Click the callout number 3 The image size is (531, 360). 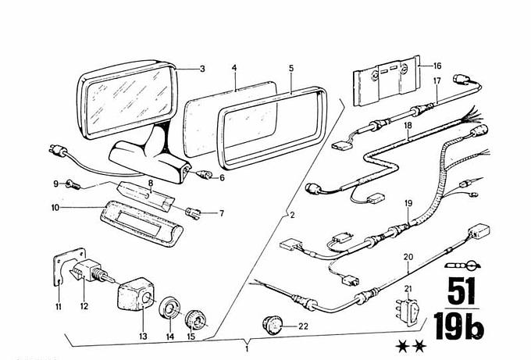pos(201,70)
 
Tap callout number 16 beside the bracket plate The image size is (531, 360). pos(437,66)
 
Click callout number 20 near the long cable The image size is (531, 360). pos(408,256)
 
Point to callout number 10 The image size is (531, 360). pos(56,208)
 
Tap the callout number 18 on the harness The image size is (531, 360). pos(408,123)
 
